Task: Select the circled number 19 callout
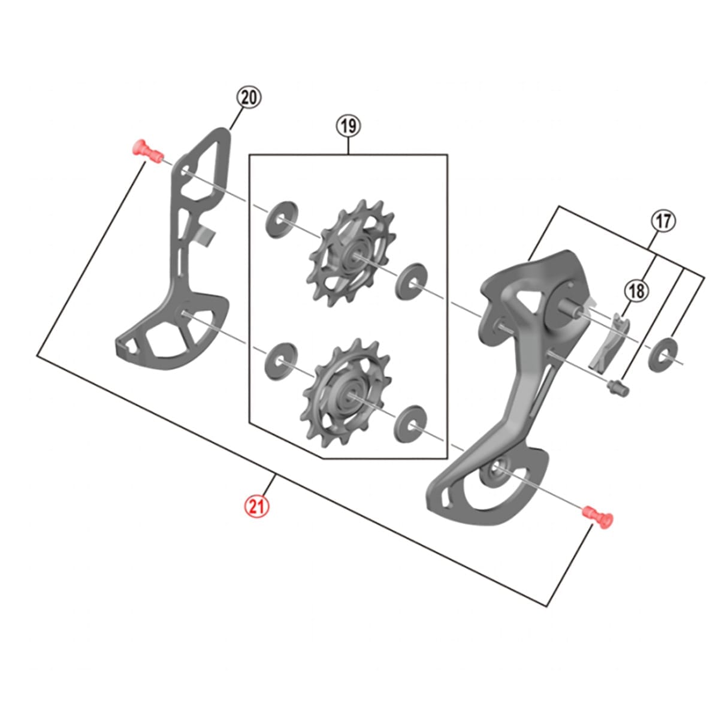(349, 126)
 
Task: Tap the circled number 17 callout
(663, 222)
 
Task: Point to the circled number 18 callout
(636, 291)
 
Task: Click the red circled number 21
(256, 507)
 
